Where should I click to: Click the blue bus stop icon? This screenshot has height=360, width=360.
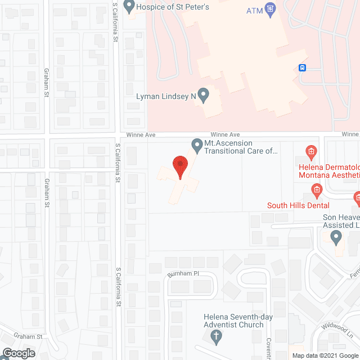click(x=303, y=69)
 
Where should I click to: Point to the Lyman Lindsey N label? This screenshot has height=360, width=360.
click(x=166, y=97)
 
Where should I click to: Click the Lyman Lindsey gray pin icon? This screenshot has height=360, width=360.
click(x=204, y=96)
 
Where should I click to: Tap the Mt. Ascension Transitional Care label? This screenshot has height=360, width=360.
click(x=241, y=147)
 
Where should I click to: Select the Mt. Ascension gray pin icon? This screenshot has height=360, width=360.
click(x=197, y=146)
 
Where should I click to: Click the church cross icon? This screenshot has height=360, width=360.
click(x=215, y=336)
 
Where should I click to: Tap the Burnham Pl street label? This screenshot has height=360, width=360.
click(x=183, y=274)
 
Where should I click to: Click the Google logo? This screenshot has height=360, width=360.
click(x=18, y=353)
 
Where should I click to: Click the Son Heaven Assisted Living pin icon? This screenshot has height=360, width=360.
click(x=336, y=238)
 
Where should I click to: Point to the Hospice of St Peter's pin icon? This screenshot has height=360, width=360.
click(x=129, y=7)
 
